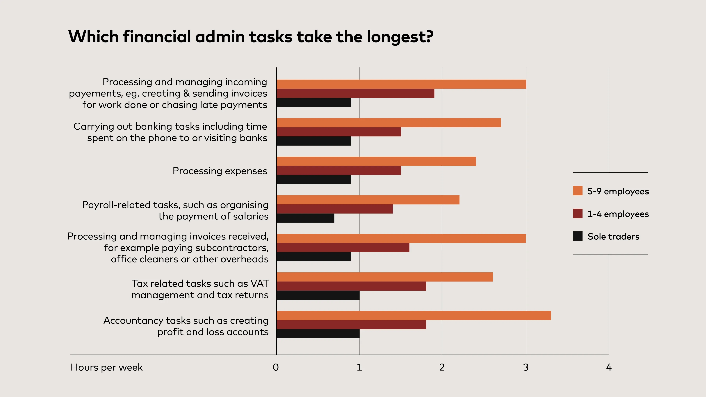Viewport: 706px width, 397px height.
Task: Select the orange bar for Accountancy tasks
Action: tap(413, 315)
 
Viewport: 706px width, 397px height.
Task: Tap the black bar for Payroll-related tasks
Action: tap(305, 218)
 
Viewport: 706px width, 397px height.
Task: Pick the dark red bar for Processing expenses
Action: tap(339, 170)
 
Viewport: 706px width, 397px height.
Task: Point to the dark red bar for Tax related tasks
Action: tap(351, 286)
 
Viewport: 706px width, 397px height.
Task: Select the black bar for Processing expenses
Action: tap(313, 179)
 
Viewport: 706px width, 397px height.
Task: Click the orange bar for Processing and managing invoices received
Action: tap(401, 238)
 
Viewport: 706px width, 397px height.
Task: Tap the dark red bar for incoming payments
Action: tap(355, 93)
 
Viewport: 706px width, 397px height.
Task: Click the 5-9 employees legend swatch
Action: tap(577, 191)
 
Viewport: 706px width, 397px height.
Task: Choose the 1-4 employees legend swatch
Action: tap(577, 213)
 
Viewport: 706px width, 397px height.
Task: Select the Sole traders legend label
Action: tap(613, 236)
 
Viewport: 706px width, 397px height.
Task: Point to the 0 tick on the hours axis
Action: tap(276, 367)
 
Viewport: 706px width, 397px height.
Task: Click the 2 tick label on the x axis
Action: tap(442, 367)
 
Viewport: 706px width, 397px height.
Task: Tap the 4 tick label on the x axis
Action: tap(609, 367)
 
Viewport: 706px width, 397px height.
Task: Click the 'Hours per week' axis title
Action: tap(107, 367)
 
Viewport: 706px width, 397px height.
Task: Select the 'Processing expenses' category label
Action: tap(220, 171)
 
